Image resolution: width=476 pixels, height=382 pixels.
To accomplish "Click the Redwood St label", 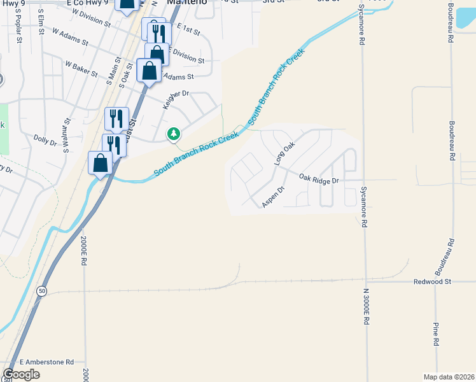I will (x=432, y=281).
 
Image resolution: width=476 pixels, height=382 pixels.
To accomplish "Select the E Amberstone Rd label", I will (x=47, y=361).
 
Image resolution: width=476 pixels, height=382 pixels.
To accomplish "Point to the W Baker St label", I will (x=81, y=69).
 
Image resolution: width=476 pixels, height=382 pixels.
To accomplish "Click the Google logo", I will (x=22, y=374).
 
